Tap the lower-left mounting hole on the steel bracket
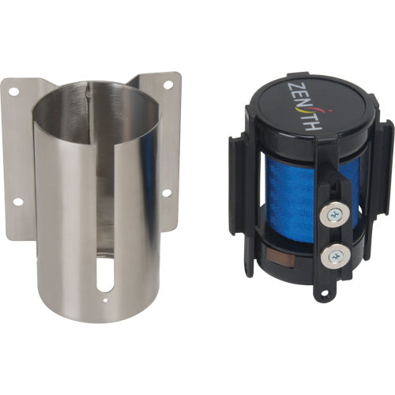click(x=17, y=201)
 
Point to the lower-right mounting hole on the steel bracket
click(x=167, y=191)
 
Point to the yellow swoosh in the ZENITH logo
click(x=319, y=120)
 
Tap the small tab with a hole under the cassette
click(x=321, y=294)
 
